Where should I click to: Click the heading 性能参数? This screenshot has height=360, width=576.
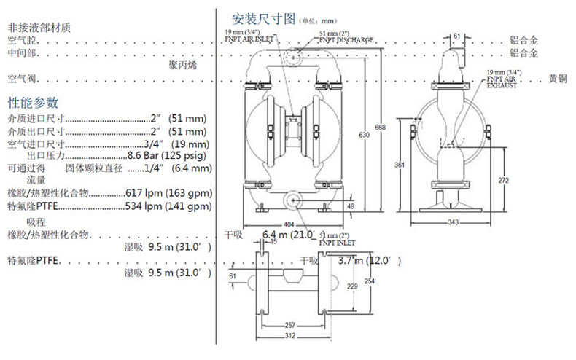pyautogui.click(x=33, y=102)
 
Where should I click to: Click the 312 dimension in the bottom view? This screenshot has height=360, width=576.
pyautogui.click(x=289, y=336)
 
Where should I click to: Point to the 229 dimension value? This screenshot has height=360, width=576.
pyautogui.click(x=353, y=286)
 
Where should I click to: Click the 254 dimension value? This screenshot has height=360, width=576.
pyautogui.click(x=370, y=281)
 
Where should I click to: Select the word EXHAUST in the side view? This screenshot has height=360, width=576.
pyautogui.click(x=502, y=85)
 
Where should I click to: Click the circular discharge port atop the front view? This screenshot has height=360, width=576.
pyautogui.click(x=295, y=55)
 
